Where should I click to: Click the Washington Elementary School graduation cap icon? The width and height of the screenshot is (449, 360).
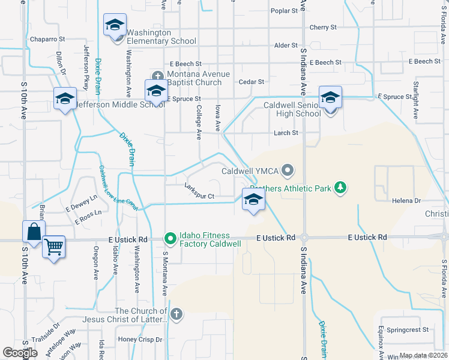point(115,25)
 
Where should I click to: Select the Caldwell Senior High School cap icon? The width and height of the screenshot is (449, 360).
point(330,97)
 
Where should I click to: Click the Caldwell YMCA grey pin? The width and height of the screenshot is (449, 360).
point(288,171)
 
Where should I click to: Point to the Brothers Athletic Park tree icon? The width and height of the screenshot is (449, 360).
point(340,188)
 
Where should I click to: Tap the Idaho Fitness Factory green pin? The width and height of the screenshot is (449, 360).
point(170,239)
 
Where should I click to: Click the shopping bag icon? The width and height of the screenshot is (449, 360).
point(34,232)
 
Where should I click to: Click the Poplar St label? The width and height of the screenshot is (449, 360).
point(284,11)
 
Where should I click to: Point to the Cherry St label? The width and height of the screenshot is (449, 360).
point(323,27)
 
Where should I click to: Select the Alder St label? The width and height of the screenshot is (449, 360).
point(285,45)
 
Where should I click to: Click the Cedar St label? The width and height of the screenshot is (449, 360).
point(252,82)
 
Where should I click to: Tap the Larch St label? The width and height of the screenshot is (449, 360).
point(286,133)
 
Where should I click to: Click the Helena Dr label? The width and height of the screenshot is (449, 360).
point(408,200)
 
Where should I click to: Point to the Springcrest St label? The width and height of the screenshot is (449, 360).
point(408,329)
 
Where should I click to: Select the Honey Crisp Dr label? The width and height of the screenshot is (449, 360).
point(140,339)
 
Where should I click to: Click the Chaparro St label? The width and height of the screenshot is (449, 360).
point(43,39)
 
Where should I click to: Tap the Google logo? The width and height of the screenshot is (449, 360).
point(20,353)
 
